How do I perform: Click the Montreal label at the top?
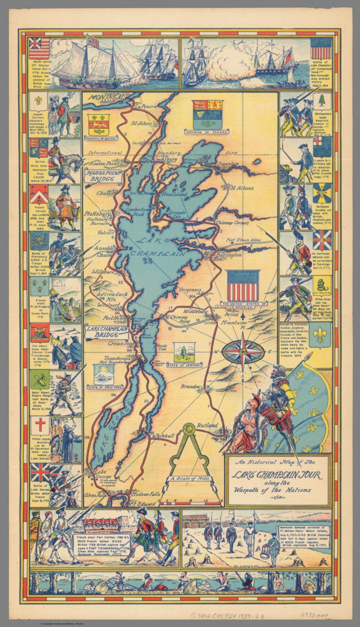tap(104, 98)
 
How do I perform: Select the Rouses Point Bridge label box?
tap(103, 176)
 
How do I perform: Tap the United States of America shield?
tap(243, 286)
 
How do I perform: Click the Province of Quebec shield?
tap(98, 125)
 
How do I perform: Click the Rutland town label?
tap(207, 425)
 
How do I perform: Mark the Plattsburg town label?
tap(98, 213)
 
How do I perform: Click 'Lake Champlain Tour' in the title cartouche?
tap(277, 476)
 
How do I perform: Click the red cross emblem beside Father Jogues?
tap(40, 425)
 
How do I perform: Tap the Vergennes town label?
tap(191, 289)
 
